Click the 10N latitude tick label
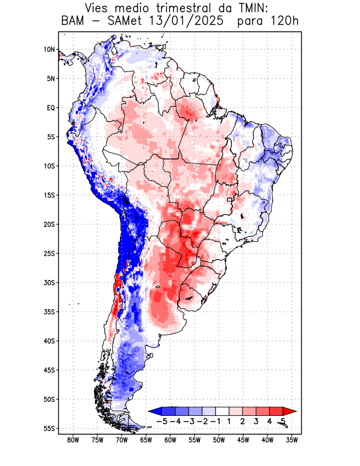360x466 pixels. [x=49, y=50]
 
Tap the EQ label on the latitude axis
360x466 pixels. [x=50, y=108]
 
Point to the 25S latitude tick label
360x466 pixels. [x=48, y=253]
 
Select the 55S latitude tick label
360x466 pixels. [x=48, y=429]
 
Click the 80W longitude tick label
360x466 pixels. [x=73, y=440]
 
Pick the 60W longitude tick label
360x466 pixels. [x=171, y=440]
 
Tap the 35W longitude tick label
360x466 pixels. [x=292, y=440]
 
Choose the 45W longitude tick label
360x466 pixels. [x=243, y=440]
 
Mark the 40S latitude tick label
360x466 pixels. [x=48, y=341]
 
